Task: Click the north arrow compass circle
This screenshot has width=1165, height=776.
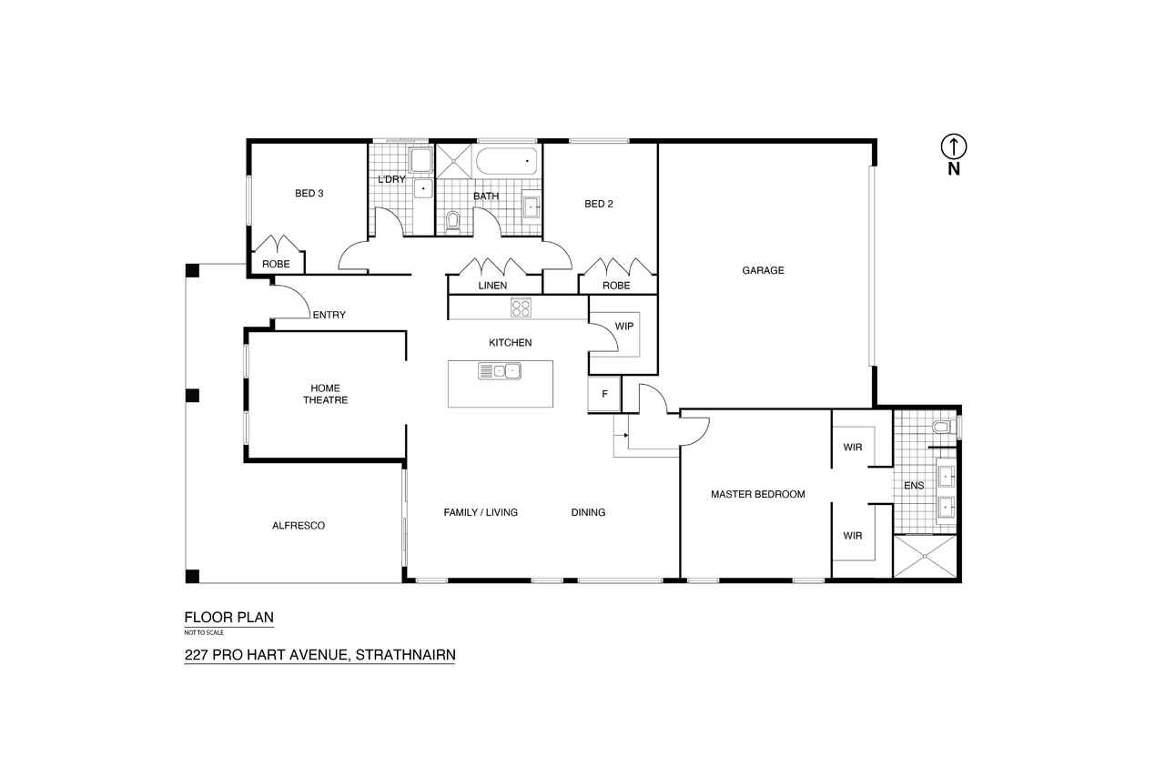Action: [x=954, y=135]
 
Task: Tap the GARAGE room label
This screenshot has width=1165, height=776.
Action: [x=763, y=270]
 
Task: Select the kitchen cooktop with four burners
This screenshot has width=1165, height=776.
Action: [x=521, y=307]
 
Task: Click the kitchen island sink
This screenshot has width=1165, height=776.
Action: [x=500, y=371]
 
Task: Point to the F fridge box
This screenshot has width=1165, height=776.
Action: [x=604, y=394]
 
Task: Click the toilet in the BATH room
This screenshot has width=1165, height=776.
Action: [x=453, y=222]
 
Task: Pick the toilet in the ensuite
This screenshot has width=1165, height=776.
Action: [x=941, y=428]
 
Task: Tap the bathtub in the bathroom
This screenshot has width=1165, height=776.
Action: [x=507, y=162]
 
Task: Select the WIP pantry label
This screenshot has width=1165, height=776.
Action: [x=624, y=326]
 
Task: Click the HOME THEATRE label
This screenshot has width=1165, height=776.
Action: [x=326, y=394]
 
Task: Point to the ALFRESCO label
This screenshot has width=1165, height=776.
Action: [x=299, y=526]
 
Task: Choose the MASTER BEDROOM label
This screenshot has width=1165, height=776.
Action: [x=758, y=494]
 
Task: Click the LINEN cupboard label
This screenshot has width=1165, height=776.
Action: [x=492, y=286]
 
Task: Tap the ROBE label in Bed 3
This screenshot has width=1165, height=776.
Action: [x=276, y=264]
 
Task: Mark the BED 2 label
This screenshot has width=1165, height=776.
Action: [x=599, y=204]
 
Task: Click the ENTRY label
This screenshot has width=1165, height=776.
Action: [x=329, y=315]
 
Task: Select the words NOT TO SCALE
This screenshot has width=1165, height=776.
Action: [x=204, y=632]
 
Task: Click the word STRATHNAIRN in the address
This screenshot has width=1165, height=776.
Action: [x=406, y=654]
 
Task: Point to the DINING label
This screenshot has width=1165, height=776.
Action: [x=588, y=512]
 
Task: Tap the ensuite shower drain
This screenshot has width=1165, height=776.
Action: [x=925, y=556]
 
